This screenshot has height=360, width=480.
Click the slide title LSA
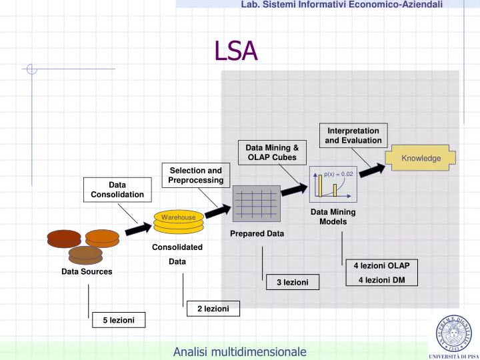coord(235,51)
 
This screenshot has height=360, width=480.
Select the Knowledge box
coord(421,159)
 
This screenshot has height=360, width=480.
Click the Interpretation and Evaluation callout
coord(353,135)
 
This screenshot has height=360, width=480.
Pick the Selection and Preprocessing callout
coord(195,176)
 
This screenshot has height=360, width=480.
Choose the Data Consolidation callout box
coord(117,189)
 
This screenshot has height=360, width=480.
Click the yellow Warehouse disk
coord(177,218)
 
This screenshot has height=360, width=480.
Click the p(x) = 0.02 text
coord(338,174)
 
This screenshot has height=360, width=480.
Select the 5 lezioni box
coord(118,321)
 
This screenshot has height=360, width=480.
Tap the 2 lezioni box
coord(213,309)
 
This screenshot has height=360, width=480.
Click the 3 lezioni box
coord(292,283)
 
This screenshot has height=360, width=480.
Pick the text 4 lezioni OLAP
coord(381,265)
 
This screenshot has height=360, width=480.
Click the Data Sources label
coord(87,272)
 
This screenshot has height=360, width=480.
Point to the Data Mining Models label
coord(333,217)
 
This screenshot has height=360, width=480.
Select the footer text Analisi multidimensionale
coord(239,351)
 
